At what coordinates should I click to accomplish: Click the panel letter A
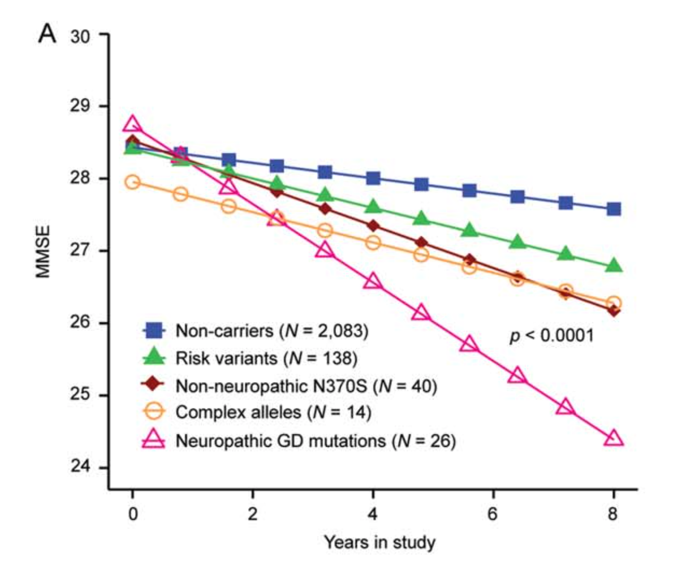(x=47, y=33)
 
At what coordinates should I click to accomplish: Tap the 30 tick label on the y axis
(x=80, y=37)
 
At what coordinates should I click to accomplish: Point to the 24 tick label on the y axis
(x=80, y=467)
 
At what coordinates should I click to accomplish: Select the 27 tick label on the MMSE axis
(x=80, y=250)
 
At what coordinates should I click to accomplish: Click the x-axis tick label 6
(x=493, y=514)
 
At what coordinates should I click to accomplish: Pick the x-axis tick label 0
(x=133, y=514)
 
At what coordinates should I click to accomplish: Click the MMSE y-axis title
(x=43, y=252)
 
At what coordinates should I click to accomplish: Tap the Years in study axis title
(x=380, y=543)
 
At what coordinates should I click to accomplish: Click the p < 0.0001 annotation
(x=552, y=336)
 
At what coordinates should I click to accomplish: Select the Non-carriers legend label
(x=272, y=331)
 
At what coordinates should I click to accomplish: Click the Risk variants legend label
(x=266, y=358)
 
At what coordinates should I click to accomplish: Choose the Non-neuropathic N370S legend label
(x=306, y=386)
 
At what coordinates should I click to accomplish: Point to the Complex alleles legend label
(x=273, y=413)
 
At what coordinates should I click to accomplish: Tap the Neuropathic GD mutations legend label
(x=315, y=440)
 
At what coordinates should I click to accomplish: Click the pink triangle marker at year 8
(x=613, y=438)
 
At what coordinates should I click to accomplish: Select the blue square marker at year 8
(x=613, y=209)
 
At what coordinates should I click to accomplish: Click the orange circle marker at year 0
(x=132, y=182)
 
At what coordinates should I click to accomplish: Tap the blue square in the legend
(x=154, y=331)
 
